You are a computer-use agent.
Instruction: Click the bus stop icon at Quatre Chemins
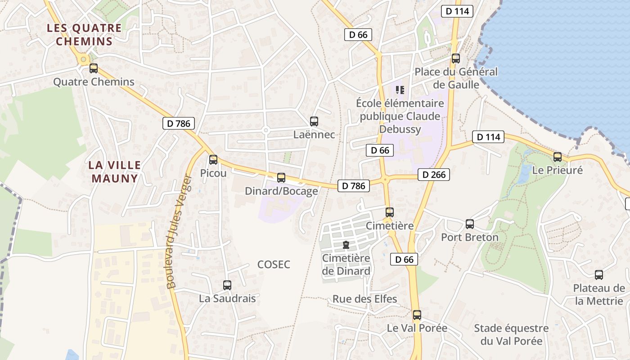pos(94,68)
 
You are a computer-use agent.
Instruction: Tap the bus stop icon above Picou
pos(213,160)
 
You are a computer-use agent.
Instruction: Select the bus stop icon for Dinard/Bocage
pos(281,178)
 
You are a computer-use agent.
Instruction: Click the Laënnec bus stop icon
pos(314,121)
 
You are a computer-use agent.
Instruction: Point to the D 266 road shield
pos(434,175)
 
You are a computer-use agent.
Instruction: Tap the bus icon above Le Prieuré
pos(558,157)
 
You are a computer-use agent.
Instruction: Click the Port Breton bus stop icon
pos(470,224)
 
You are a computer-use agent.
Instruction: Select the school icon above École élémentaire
pos(400,90)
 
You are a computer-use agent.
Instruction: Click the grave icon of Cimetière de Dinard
pos(346,245)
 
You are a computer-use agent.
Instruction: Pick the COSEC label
pos(274,265)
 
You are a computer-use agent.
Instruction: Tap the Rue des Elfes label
pos(365,299)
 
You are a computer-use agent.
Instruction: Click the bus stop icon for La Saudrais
pos(227,285)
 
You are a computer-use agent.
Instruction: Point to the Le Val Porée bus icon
pos(417,315)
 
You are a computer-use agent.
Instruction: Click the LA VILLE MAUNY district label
pos(115,171)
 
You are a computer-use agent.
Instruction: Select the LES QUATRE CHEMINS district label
pos(84,35)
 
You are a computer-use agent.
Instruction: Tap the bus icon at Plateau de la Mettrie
pos(599,275)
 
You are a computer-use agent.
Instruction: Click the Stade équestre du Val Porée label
pos(511,334)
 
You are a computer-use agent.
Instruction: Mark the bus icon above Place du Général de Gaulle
pos(456,58)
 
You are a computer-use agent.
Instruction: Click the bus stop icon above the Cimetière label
pos(390,212)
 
